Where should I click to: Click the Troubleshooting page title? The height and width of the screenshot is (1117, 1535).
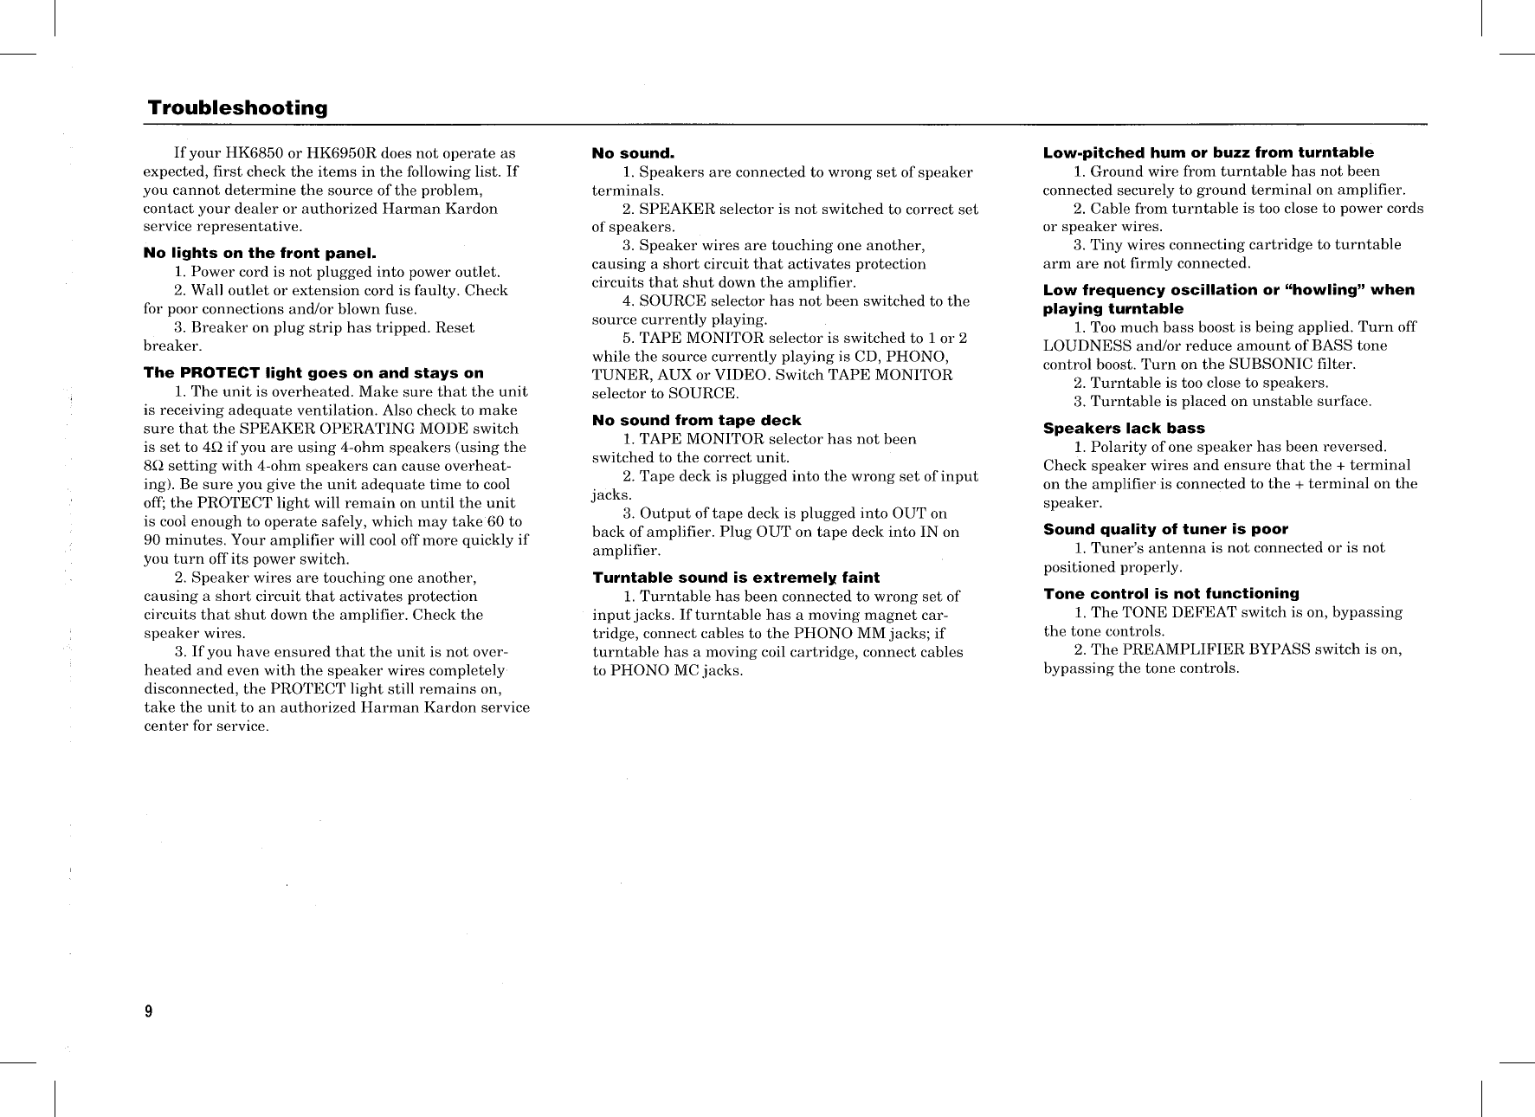point(237,108)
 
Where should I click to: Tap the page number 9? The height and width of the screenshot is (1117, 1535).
point(148,1011)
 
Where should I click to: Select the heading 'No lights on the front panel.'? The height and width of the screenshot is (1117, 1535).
point(259,254)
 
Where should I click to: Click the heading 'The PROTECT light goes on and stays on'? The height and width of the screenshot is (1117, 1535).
point(313,373)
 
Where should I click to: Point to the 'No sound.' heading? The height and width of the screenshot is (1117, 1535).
point(633,153)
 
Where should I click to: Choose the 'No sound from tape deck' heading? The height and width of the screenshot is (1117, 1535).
point(697,420)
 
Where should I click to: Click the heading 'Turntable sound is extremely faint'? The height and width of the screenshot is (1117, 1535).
point(736,578)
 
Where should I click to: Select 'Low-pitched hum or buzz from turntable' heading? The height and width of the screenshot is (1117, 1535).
point(1208,152)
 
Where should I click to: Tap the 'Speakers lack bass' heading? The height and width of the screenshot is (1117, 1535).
point(1124,428)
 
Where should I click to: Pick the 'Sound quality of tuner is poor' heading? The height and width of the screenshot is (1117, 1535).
point(1165,529)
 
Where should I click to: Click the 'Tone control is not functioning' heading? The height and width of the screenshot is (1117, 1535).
point(1171,593)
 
